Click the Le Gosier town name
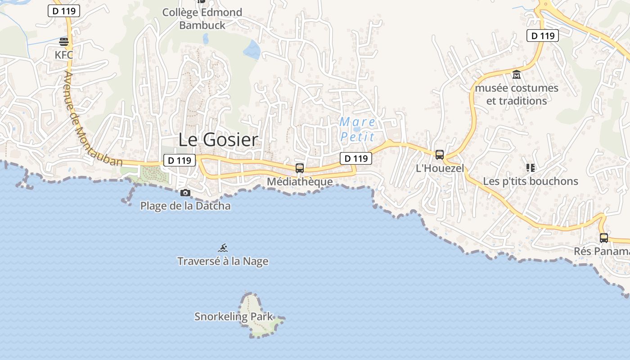pos(218,140)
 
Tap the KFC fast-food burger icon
pos(64,42)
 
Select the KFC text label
pos(64,55)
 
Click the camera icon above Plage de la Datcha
pos(185,193)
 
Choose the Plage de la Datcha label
pos(185,206)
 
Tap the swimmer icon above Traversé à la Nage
pos(223,248)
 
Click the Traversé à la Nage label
pos(223,261)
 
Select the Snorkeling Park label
pos(234,316)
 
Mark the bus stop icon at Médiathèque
pos(300,168)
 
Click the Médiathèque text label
pos(300,181)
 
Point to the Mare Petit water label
pos(358,129)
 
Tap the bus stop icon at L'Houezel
pos(440,155)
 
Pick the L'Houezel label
pos(440,168)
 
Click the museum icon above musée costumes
pos(517,74)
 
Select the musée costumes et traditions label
pos(517,94)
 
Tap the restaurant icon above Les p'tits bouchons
pos(531,168)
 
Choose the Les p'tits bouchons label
pos(531,181)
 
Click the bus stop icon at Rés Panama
pos(604,238)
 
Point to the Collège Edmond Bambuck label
pos(202,18)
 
